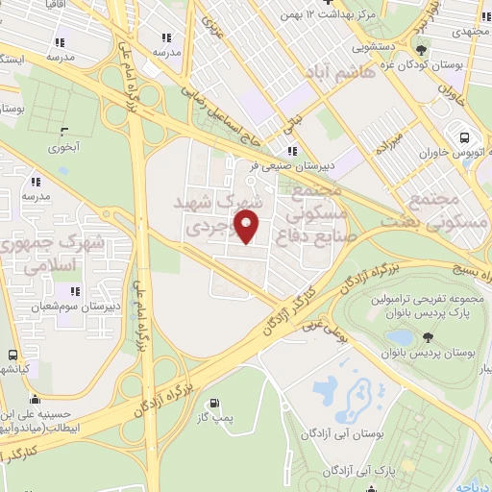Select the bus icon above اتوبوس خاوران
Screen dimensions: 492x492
pyautogui.click(x=465, y=137)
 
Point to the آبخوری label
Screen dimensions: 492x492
pyautogui.click(x=66, y=148)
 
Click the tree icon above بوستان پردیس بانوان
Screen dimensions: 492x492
pyautogui.click(x=427, y=337)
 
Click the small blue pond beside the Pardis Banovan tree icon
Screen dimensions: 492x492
pyautogui.click(x=401, y=337)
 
